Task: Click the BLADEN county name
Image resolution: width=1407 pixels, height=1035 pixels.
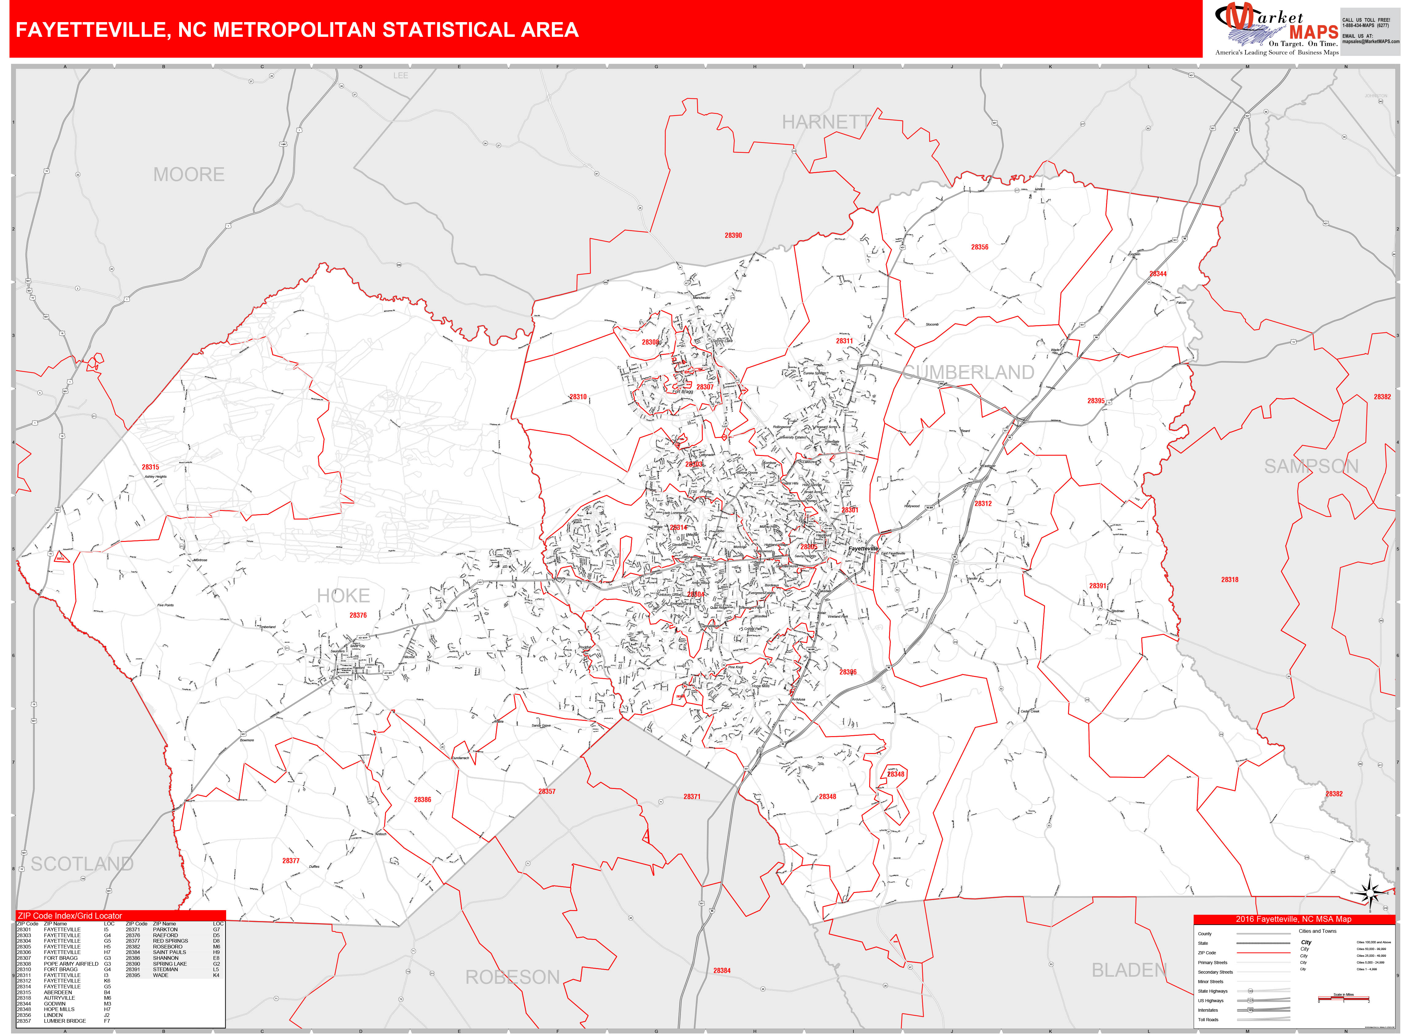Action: pos(1129,971)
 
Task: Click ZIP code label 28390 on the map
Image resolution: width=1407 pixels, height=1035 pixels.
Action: pos(733,236)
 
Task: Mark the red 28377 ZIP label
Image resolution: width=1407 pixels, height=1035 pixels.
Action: pos(291,861)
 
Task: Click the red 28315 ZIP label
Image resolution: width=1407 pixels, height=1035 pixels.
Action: pos(150,467)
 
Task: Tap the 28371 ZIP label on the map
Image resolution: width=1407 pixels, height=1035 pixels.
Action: pos(692,797)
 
